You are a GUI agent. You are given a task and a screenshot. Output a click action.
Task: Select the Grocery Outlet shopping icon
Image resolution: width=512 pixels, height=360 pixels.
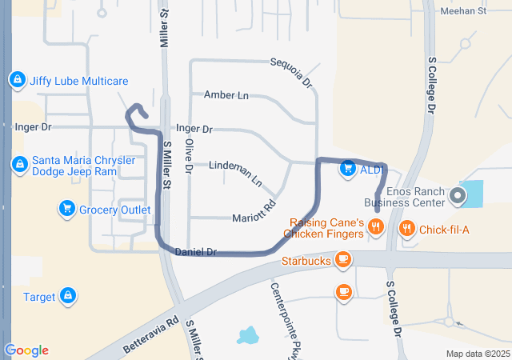(67, 210)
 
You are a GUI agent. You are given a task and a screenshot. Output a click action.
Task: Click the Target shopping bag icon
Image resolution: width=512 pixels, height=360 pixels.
(69, 297)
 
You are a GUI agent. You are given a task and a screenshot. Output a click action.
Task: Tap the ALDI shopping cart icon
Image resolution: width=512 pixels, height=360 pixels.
(347, 169)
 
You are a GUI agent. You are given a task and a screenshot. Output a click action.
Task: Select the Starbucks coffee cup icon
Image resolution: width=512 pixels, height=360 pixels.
(343, 260)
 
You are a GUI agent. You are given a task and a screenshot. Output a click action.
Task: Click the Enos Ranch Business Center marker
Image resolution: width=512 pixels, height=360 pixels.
(458, 194)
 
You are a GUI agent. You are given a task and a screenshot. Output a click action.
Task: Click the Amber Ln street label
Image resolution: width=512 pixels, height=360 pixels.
(226, 95)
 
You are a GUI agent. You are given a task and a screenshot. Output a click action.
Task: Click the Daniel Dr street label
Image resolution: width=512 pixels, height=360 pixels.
(196, 251)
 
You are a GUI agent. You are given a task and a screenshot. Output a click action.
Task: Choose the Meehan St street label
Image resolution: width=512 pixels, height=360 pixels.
(464, 11)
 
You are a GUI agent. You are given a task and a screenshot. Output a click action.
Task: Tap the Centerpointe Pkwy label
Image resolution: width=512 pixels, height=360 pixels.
(280, 312)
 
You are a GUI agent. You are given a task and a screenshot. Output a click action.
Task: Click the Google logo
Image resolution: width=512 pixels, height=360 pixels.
(26, 350)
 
